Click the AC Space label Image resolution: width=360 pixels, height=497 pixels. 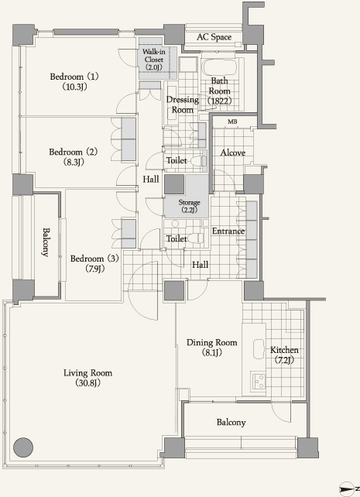coord(214,37)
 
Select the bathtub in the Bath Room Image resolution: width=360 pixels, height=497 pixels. coord(220,67)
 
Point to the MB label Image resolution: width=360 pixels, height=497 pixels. coord(232,122)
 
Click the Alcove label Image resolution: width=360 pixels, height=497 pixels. coord(233,153)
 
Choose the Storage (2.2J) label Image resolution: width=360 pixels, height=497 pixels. coord(189,206)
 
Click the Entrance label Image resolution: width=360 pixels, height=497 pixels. coord(228,231)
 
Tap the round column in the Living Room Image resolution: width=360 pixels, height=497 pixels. coord(23,447)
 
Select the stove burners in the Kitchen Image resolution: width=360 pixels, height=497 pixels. coord(258,381)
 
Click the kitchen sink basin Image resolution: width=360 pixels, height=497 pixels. coord(259,349)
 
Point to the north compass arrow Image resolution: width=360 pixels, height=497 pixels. coord(347,488)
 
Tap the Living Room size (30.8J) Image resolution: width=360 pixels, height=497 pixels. coord(87,383)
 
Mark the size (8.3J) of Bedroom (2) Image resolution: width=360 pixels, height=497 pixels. coord(74,162)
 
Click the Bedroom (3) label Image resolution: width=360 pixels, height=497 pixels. coord(94,259)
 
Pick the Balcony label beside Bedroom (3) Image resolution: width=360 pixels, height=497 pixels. coord(46,242)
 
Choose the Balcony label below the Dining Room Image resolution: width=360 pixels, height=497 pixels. coord(231,422)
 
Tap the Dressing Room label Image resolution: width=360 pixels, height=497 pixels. coord(183,105)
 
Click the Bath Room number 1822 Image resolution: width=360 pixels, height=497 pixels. coord(220,101)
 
